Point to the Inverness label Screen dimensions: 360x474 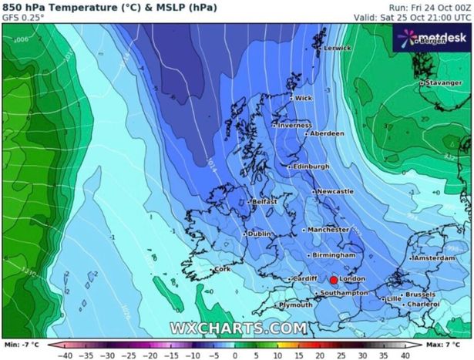point(294,125)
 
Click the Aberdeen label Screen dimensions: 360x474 point(326,133)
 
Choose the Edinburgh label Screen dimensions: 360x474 point(311,167)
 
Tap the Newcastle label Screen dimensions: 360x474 point(335,191)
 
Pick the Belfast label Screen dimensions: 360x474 point(264,202)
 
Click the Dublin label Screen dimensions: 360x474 point(260,234)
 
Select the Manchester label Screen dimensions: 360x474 point(328,230)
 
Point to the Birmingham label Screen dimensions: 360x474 point(334,255)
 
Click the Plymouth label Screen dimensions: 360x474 point(295,305)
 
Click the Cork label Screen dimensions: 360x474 point(222,270)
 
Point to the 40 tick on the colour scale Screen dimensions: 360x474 point(406,355)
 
